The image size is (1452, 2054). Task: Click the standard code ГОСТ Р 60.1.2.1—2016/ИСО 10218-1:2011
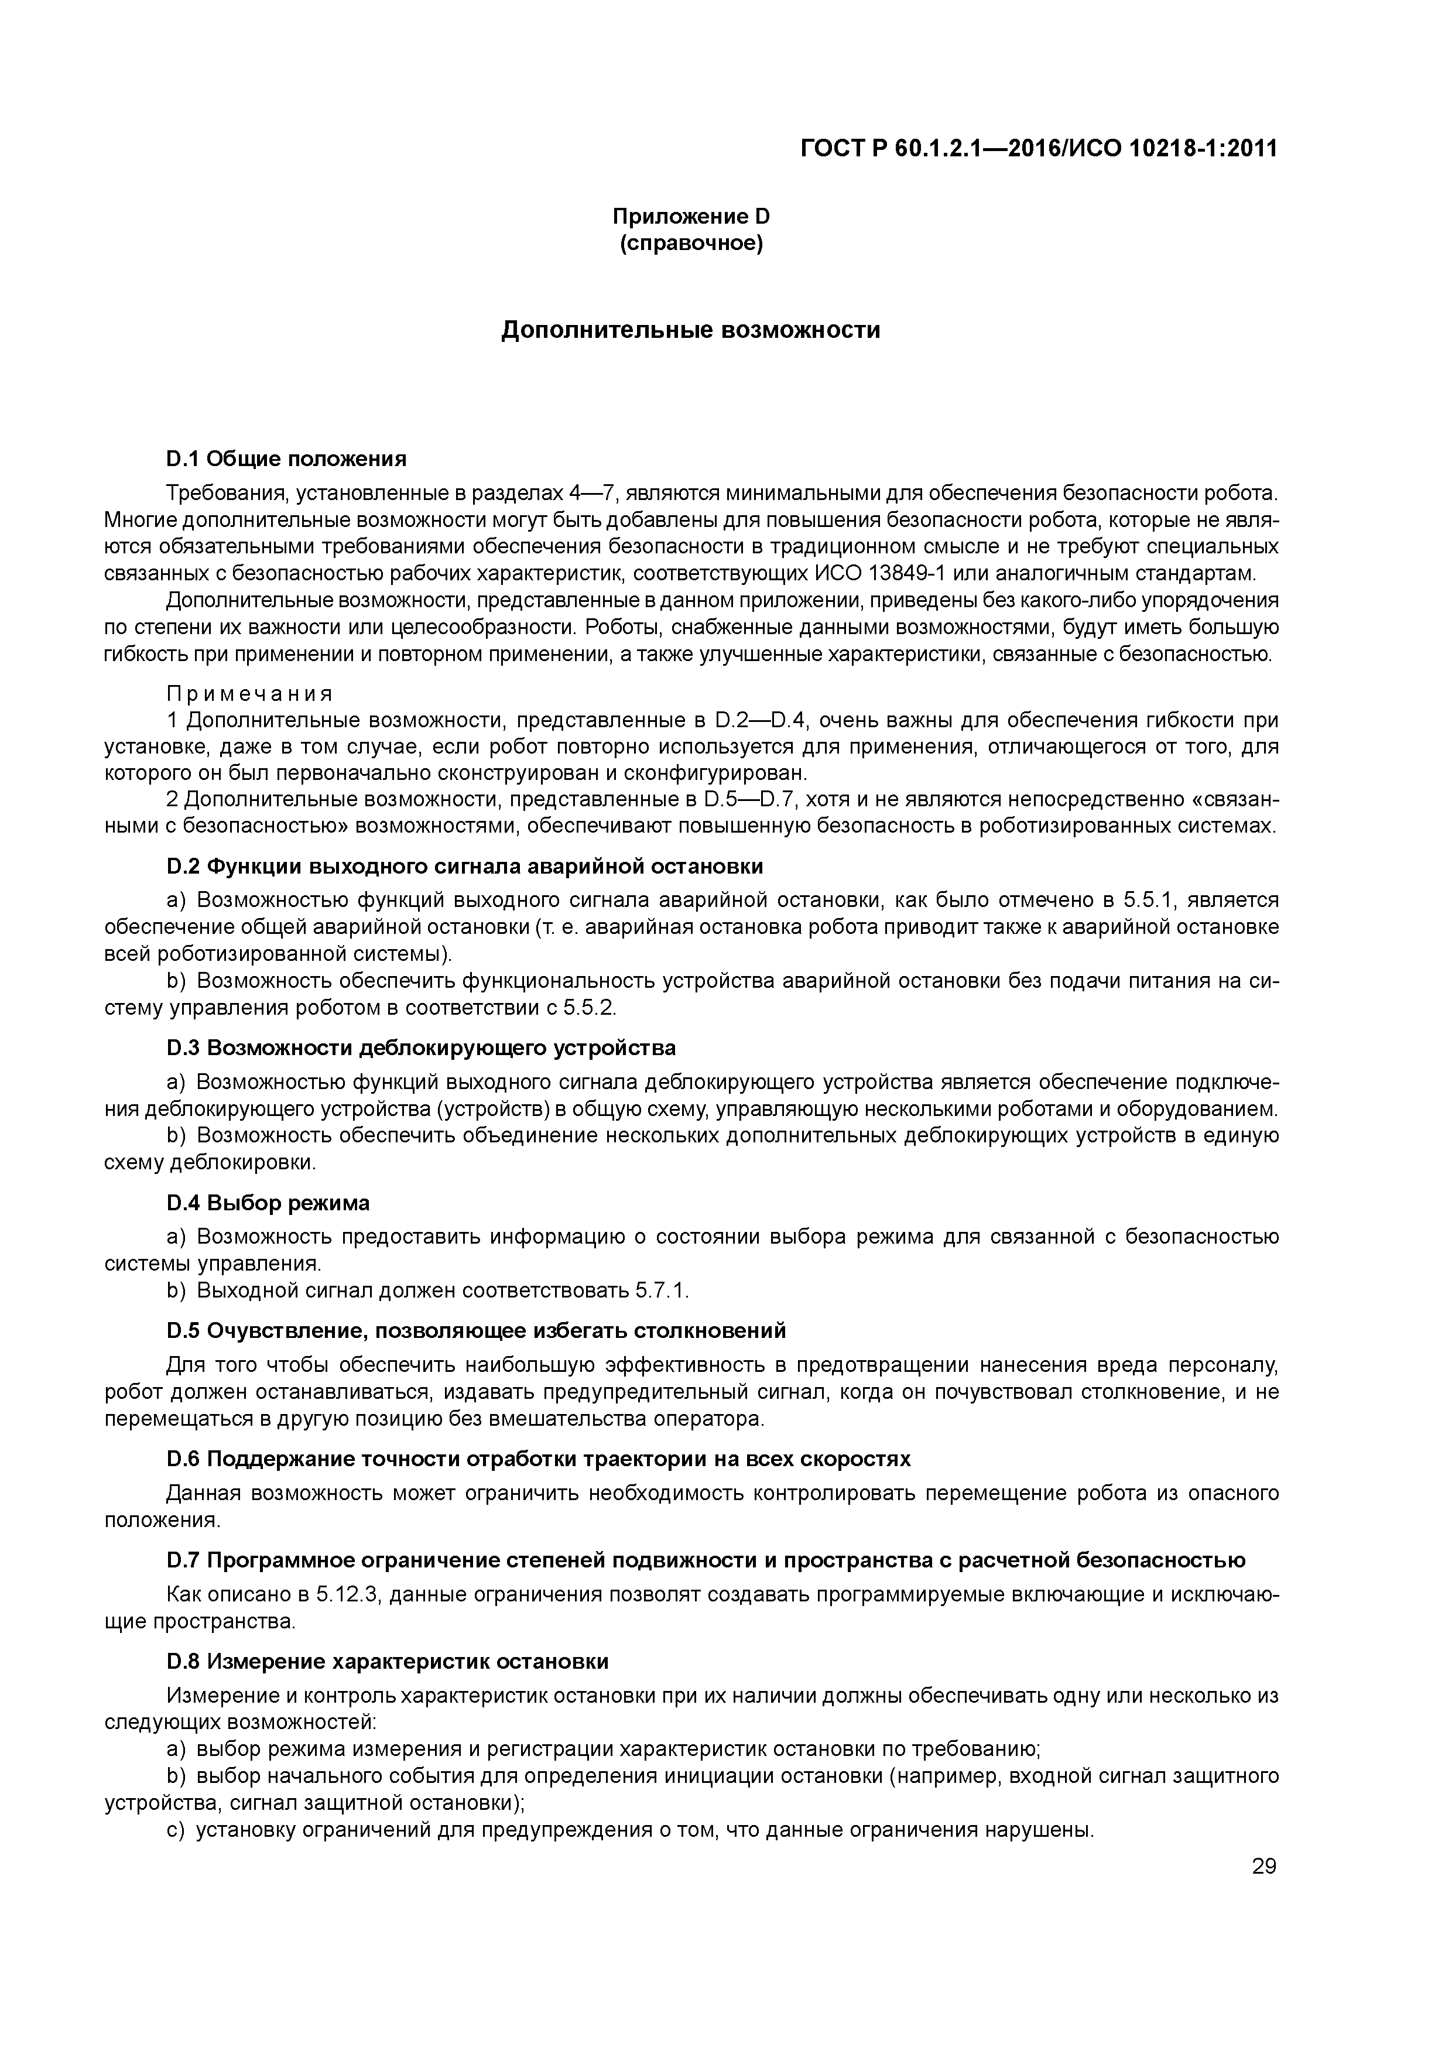1039,149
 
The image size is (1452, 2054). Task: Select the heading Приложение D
691,217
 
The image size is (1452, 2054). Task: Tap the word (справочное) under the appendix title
691,244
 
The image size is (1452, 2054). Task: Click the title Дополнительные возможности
691,330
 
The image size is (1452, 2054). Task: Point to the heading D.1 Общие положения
286,459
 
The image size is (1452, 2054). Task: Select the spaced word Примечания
249,694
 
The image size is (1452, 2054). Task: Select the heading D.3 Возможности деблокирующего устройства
420,1047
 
